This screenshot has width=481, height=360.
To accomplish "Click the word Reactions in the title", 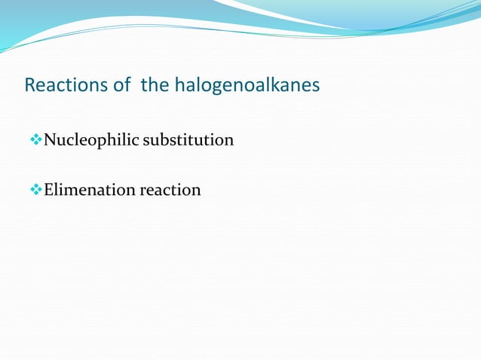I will pyautogui.click(x=66, y=85).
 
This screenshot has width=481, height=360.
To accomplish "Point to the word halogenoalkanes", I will pyautogui.click(x=247, y=86).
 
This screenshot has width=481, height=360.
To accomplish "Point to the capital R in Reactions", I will pyautogui.click(x=30, y=85).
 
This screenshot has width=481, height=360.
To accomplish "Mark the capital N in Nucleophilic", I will pyautogui.click(x=51, y=140).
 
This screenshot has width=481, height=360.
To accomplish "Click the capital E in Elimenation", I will pyautogui.click(x=49, y=190).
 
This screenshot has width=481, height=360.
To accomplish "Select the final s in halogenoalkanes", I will pyautogui.click(x=316, y=86).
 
